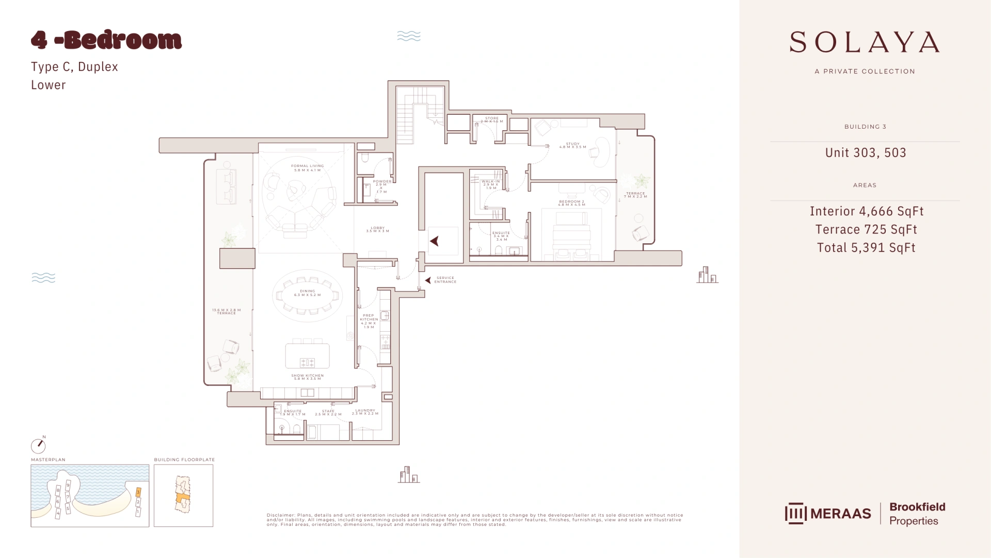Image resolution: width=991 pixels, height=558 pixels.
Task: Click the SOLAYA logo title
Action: point(865,42)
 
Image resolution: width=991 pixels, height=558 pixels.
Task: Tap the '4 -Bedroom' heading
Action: point(106,40)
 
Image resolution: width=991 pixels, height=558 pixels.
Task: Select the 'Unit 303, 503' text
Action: point(865,153)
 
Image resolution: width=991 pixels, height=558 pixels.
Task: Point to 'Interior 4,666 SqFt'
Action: point(866,211)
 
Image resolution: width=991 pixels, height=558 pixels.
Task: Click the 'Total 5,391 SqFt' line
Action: point(866,248)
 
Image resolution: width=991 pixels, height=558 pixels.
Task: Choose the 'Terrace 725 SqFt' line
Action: point(866,230)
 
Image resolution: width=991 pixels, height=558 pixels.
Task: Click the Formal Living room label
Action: point(307,168)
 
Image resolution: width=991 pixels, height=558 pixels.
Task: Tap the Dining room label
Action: point(307,293)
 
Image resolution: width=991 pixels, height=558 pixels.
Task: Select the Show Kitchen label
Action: point(307,377)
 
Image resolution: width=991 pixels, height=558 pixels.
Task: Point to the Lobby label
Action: point(377,229)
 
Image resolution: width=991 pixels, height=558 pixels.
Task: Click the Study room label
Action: point(572,145)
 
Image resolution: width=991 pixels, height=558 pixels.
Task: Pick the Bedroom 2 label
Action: point(571,203)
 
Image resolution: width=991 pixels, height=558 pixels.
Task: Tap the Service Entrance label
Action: point(445,280)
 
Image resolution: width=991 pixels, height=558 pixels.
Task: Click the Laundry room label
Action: point(365,412)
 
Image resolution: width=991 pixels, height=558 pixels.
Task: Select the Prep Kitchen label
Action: point(369,321)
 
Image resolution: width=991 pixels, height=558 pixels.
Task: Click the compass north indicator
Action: point(38,445)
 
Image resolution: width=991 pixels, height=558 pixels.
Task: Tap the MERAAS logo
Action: point(828,514)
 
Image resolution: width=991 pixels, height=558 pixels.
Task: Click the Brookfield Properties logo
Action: point(917,514)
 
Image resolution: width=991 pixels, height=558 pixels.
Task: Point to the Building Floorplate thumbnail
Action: point(183,495)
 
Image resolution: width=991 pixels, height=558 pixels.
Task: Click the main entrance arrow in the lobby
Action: point(435,241)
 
